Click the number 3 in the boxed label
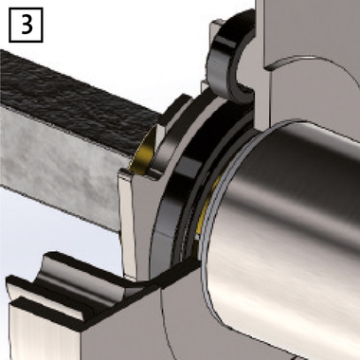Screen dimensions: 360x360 pyautogui.click(x=27, y=25)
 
